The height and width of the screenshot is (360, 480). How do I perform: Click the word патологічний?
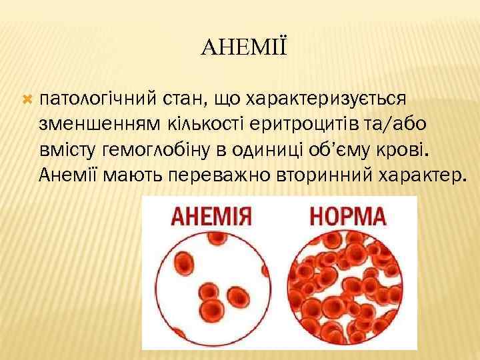(97, 100)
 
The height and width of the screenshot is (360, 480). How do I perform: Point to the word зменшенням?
(96, 125)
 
